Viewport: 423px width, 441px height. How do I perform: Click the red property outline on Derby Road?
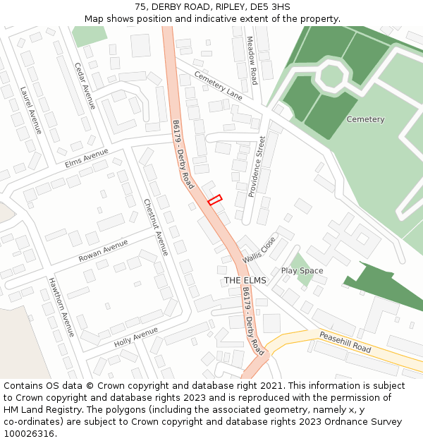(x=215, y=200)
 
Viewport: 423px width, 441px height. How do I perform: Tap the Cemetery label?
(x=365, y=119)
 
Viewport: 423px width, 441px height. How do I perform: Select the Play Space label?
(x=302, y=271)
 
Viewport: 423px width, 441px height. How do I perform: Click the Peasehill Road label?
(x=345, y=342)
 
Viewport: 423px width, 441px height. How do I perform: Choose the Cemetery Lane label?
(x=218, y=85)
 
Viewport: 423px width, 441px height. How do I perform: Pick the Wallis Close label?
(x=260, y=250)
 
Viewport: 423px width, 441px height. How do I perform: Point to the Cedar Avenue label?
(x=85, y=85)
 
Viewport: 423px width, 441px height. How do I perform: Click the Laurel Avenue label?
(x=31, y=110)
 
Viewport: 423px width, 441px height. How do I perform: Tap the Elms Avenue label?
(x=86, y=159)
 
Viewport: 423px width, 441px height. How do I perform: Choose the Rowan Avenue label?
(x=103, y=250)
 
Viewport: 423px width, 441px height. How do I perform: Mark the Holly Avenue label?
(x=135, y=337)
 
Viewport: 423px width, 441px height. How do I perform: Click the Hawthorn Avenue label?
(x=61, y=307)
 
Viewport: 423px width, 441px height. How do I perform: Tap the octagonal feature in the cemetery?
(x=330, y=75)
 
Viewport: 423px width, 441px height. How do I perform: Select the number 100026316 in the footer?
(x=29, y=433)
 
